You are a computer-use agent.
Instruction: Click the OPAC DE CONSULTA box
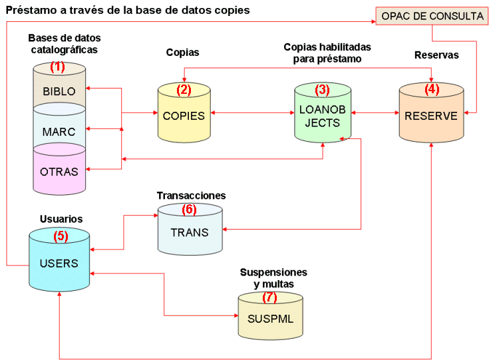click(432, 16)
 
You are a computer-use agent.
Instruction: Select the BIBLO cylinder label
click(59, 91)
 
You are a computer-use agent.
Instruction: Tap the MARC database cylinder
click(59, 131)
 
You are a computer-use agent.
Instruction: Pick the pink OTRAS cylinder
click(59, 170)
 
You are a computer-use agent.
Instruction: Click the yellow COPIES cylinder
click(184, 115)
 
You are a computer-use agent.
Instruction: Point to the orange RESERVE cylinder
click(431, 116)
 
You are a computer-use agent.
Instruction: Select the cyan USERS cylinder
click(59, 263)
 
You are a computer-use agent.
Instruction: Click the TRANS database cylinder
click(190, 232)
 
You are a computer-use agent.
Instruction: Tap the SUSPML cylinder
click(270, 318)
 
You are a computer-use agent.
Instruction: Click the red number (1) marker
click(59, 67)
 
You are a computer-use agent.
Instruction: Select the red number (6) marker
click(190, 209)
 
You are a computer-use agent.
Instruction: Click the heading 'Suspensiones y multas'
click(273, 278)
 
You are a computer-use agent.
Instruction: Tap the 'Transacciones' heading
click(191, 196)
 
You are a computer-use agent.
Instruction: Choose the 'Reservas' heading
click(436, 55)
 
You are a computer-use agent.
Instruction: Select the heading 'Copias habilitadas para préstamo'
click(327, 53)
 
